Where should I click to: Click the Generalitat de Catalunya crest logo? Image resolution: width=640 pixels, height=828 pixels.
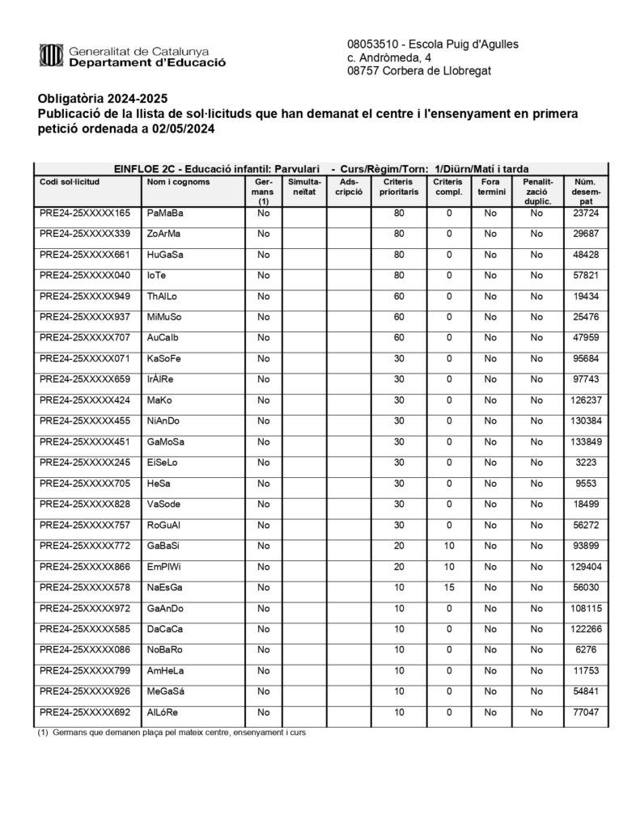point(50,56)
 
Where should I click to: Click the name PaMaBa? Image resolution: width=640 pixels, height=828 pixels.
point(165,213)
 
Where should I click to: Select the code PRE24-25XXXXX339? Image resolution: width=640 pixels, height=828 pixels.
point(84,234)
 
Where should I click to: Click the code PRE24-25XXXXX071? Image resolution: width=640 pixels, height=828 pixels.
point(84,358)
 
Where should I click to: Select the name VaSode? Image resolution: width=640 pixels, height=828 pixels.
point(164,504)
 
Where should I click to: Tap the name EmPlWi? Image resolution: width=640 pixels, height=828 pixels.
point(164,566)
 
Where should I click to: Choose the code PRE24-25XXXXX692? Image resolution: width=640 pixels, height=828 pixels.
point(84,712)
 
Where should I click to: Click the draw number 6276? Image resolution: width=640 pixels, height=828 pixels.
point(585,649)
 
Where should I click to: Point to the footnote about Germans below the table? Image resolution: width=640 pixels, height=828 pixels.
point(172,733)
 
